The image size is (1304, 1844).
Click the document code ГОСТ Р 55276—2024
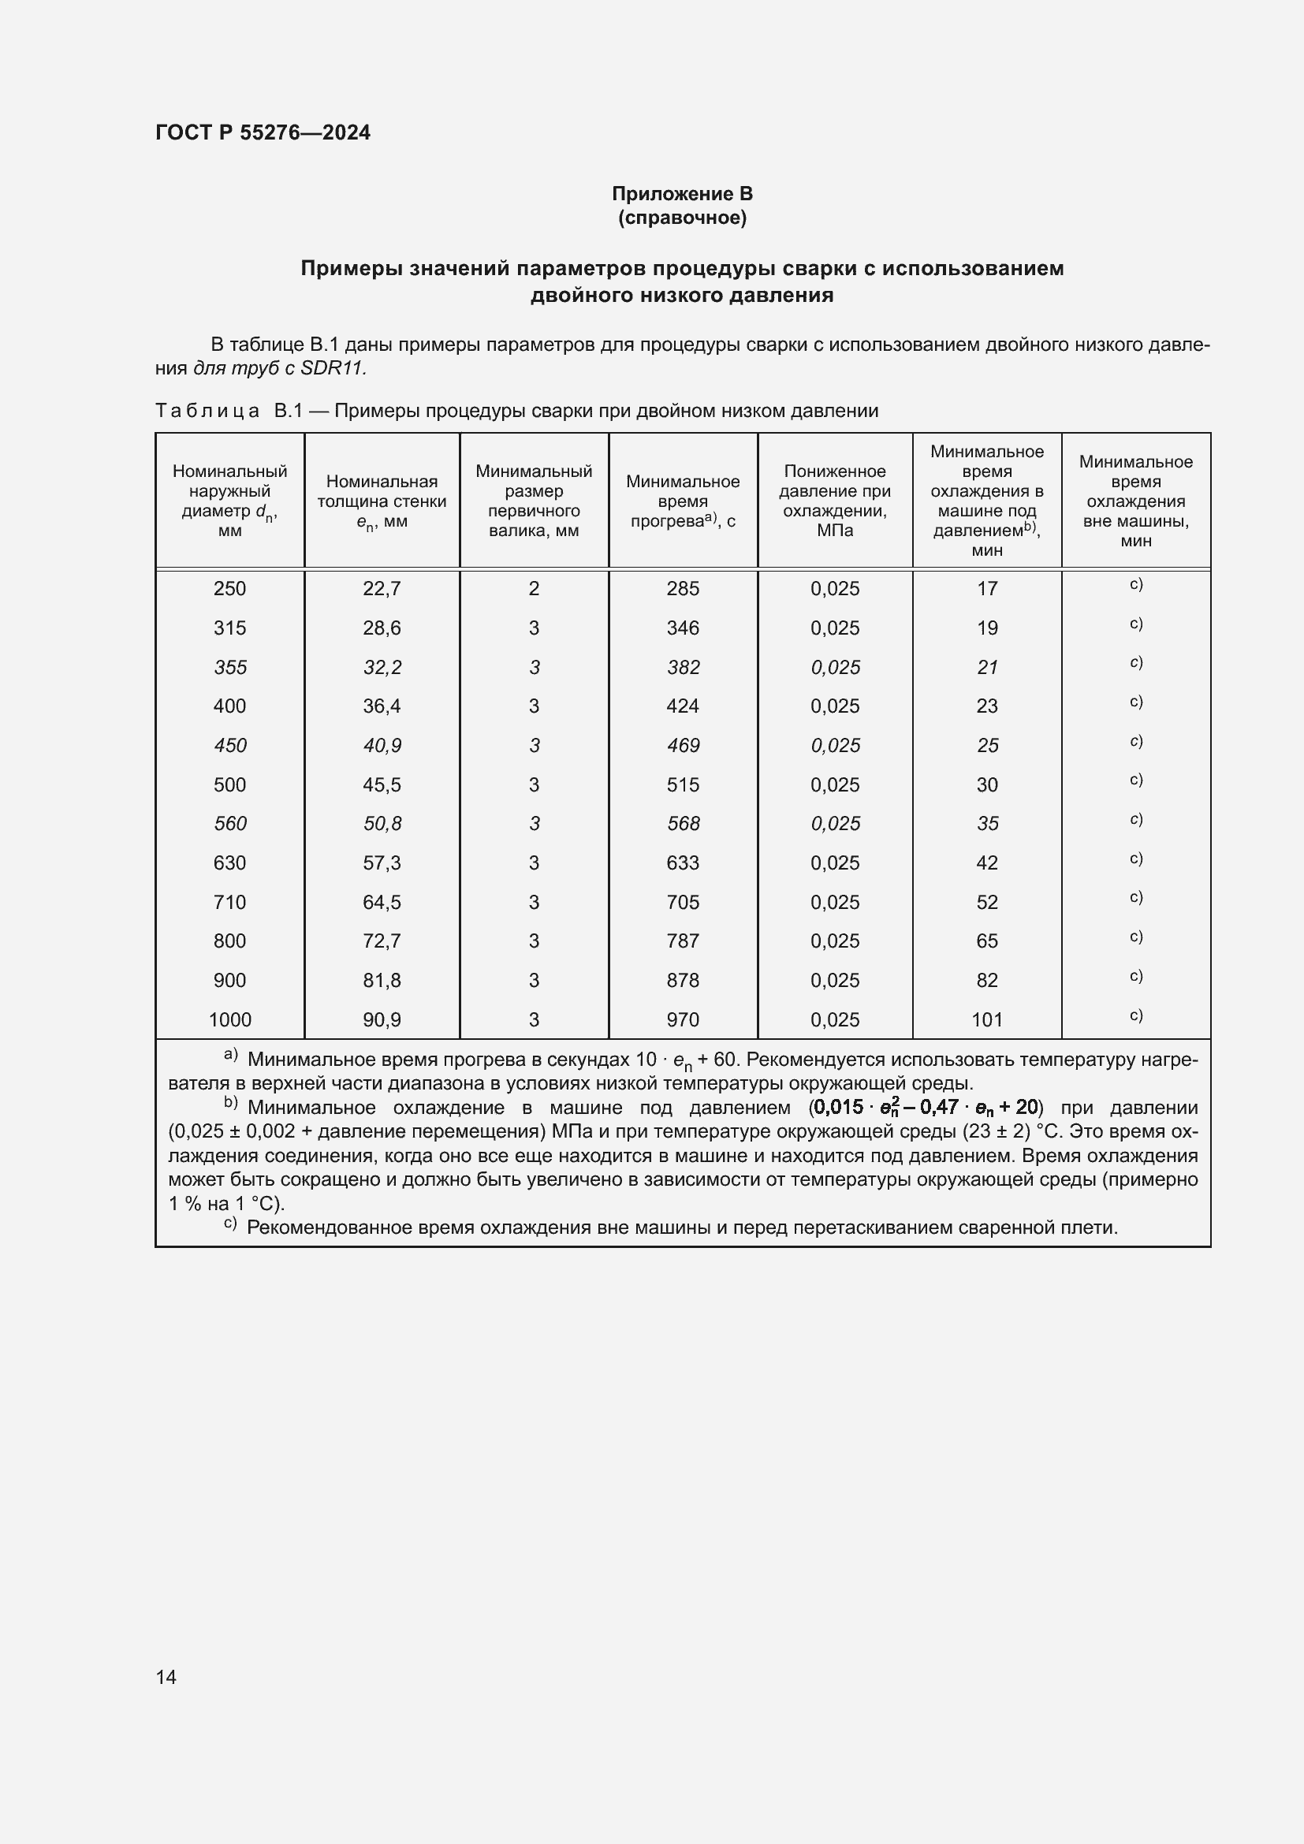pyautogui.click(x=263, y=132)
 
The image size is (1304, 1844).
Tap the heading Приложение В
pyautogui.click(x=682, y=194)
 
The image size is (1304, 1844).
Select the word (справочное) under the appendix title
pyautogui.click(x=682, y=218)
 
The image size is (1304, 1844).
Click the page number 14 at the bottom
pyautogui.click(x=166, y=1677)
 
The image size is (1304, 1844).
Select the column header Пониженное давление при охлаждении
pyautogui.click(x=834, y=501)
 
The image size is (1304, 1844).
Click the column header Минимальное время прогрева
pyautogui.click(x=683, y=501)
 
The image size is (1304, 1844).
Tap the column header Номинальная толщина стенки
pyautogui.click(x=382, y=501)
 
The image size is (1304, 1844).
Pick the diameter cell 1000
pyautogui.click(x=229, y=1019)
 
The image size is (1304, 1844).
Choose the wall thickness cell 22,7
pyautogui.click(x=382, y=589)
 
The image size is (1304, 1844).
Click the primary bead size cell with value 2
pyautogui.click(x=534, y=589)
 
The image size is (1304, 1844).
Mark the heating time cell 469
pyautogui.click(x=683, y=745)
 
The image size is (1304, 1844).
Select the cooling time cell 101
pyautogui.click(x=987, y=1019)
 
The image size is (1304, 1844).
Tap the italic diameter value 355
pyautogui.click(x=229, y=667)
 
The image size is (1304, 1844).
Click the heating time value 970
pyautogui.click(x=683, y=1019)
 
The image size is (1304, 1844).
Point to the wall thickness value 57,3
pyautogui.click(x=382, y=862)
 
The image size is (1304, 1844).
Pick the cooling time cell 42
pyautogui.click(x=987, y=862)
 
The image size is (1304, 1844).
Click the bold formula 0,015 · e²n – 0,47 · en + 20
pyautogui.click(x=925, y=1108)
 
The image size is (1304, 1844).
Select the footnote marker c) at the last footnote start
pyautogui.click(x=230, y=1224)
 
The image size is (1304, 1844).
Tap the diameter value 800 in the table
pyautogui.click(x=229, y=941)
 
